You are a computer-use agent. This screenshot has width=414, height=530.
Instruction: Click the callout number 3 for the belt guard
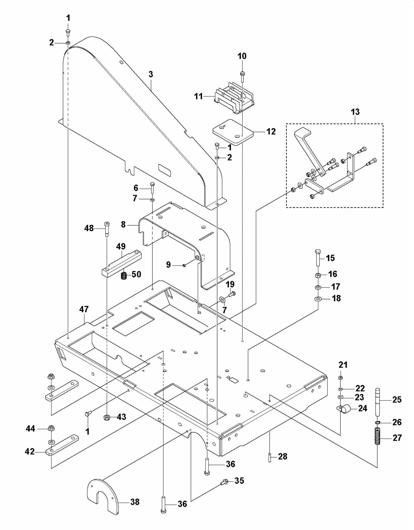pyautogui.click(x=151, y=75)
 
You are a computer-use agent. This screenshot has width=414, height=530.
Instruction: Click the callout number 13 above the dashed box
pyautogui.click(x=355, y=112)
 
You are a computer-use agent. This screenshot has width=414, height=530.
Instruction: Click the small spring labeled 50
pyautogui.click(x=124, y=276)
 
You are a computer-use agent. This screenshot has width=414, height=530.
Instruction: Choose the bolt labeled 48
pyautogui.click(x=107, y=228)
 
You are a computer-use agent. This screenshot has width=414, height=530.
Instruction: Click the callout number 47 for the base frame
pyautogui.click(x=84, y=309)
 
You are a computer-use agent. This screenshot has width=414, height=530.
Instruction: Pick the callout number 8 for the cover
pyautogui.click(x=123, y=224)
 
